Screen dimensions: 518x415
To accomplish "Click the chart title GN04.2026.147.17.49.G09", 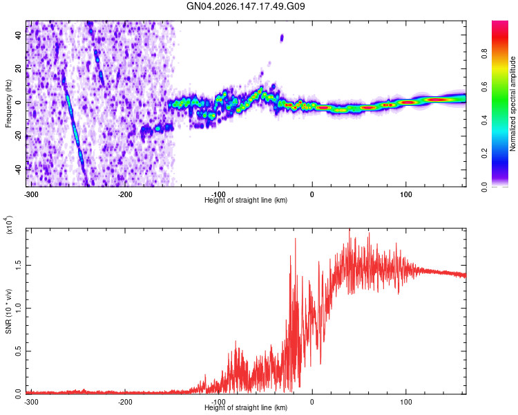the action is [x=245, y=6].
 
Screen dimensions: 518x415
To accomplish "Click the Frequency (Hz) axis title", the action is [x=8, y=104].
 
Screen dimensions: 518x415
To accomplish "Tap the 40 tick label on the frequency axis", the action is [x=19, y=35].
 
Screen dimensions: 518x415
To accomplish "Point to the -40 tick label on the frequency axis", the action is [x=19, y=169].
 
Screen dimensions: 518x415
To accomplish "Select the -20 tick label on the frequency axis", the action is [x=19, y=136].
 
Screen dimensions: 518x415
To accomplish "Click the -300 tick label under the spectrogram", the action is [x=31, y=194].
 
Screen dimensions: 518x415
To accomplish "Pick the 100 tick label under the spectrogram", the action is [x=405, y=194].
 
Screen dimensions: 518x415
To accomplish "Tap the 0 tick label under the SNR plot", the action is [x=312, y=402].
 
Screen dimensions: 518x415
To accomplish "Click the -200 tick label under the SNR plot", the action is [x=125, y=402].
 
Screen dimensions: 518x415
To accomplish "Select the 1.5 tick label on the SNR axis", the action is [x=19, y=266].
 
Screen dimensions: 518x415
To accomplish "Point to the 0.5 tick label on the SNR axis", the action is [x=19, y=351].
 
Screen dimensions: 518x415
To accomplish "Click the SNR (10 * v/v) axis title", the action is [x=8, y=311].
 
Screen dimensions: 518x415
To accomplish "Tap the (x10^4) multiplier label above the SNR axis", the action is [x=9, y=225].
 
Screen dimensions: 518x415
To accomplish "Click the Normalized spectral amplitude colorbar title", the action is [x=512, y=104].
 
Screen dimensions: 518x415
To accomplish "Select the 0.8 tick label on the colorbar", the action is [x=484, y=53].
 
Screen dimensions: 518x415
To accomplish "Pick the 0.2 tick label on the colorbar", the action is [x=484, y=154].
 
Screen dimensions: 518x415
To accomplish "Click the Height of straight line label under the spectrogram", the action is [x=246, y=200].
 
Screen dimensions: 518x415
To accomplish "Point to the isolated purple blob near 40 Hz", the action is [x=282, y=38].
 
